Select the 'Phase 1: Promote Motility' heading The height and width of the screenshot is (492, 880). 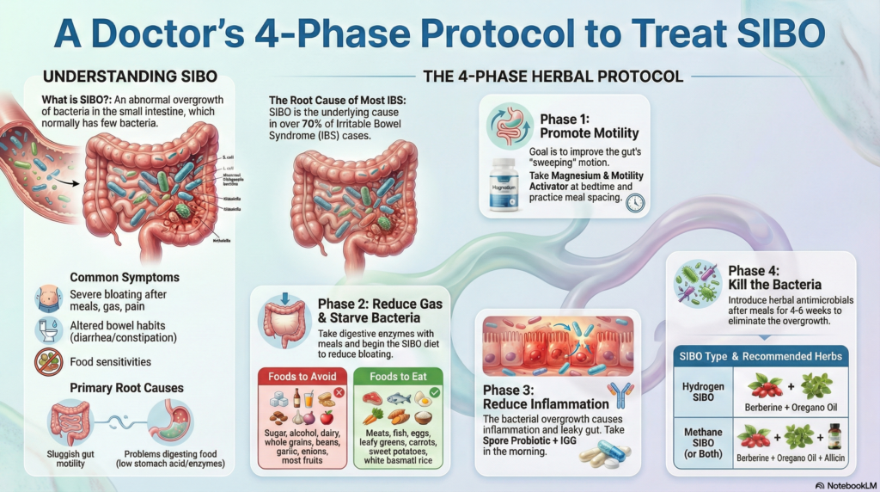point(589,126)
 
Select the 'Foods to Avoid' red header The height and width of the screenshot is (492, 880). point(302,376)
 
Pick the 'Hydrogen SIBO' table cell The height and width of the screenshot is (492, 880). point(702,392)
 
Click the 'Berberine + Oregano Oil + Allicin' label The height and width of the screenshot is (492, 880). point(789,458)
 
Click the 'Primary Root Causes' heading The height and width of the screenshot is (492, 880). point(126,388)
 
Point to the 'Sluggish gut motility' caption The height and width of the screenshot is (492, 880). point(68,457)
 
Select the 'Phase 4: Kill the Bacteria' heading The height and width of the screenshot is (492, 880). point(774,277)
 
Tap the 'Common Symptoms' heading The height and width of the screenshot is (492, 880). point(125,278)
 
